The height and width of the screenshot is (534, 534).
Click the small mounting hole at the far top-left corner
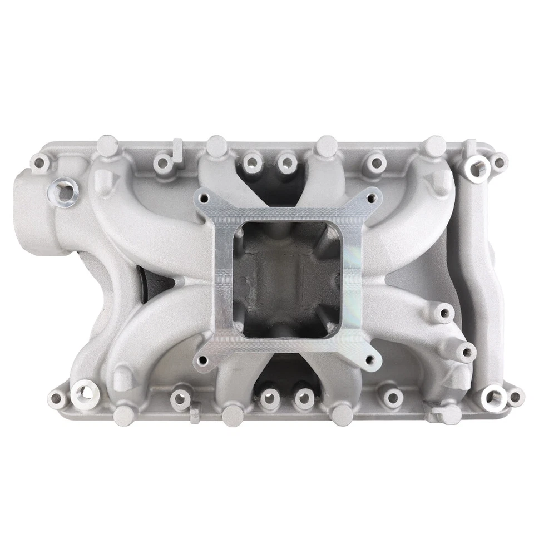coord(39,163)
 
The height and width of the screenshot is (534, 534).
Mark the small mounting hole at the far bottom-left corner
coord(57,398)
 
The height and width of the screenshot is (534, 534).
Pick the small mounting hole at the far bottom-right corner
coord(516,397)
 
